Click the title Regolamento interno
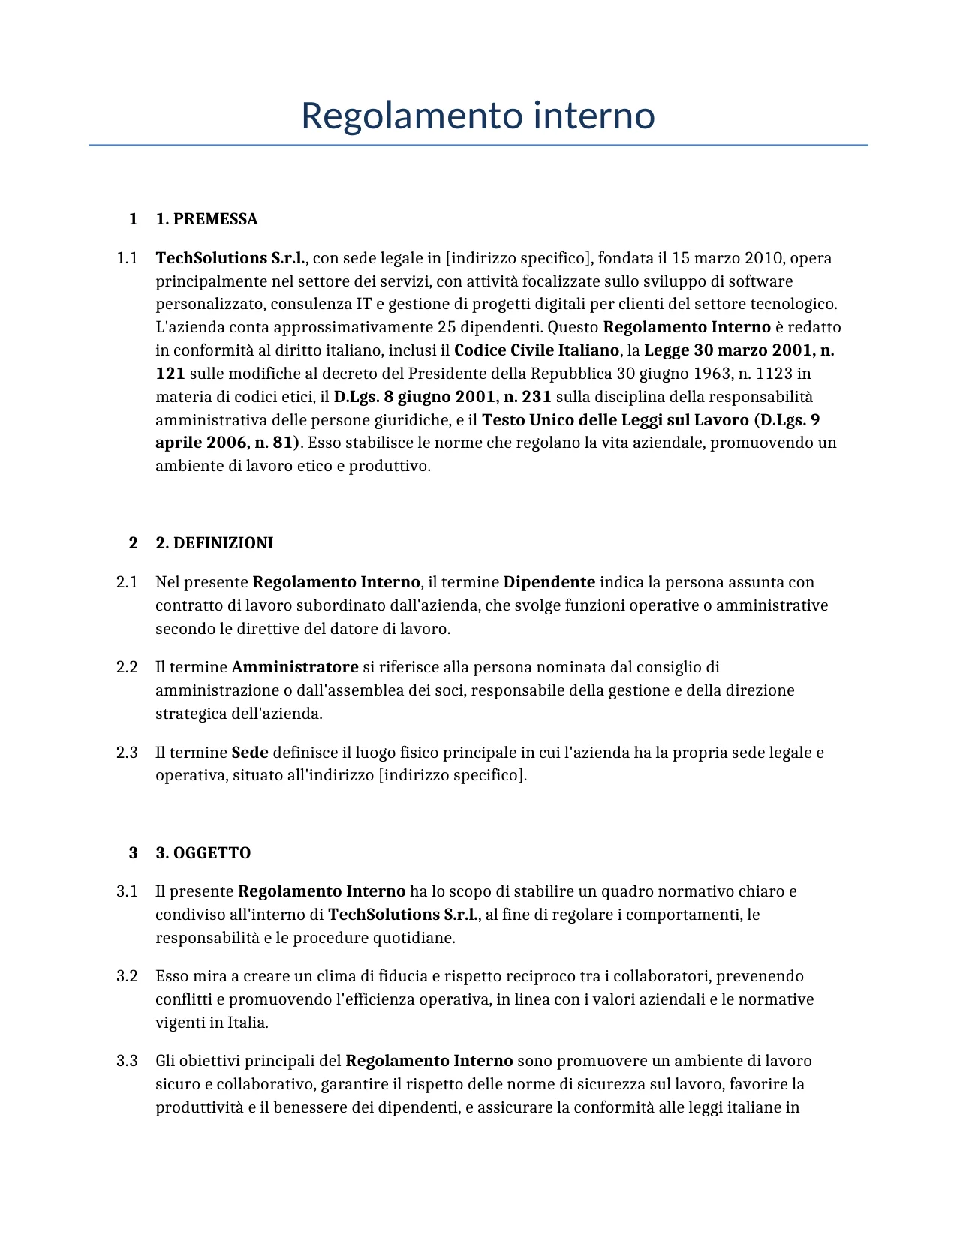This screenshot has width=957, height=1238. [478, 116]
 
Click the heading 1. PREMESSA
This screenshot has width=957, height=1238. [206, 219]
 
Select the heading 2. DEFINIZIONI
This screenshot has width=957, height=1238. [214, 543]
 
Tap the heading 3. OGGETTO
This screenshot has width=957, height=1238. [203, 853]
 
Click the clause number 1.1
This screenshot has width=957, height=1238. [127, 258]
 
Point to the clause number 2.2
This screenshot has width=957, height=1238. [127, 667]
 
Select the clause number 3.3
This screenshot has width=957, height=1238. [127, 1061]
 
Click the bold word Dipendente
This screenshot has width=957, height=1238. [549, 582]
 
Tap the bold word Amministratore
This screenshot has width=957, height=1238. [295, 667]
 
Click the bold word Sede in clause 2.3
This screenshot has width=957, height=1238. [250, 753]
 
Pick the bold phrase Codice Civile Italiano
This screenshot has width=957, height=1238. [537, 350]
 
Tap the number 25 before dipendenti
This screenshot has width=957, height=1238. [446, 328]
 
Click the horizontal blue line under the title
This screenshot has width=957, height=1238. [478, 145]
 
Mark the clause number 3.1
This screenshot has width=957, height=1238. [127, 891]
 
